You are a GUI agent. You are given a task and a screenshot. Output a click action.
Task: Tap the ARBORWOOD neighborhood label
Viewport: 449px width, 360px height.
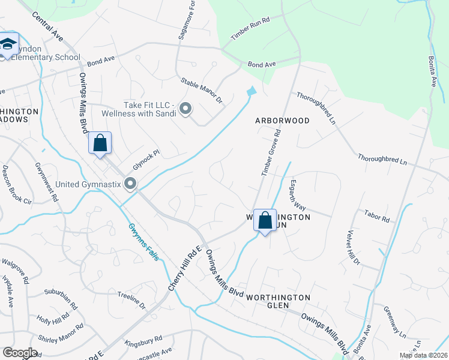(282, 121)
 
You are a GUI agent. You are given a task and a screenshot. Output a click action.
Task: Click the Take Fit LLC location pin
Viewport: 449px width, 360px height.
(185, 109)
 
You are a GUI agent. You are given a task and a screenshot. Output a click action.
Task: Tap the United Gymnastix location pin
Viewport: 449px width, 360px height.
(129, 184)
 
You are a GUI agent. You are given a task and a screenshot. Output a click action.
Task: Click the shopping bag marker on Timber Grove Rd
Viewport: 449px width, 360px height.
(265, 220)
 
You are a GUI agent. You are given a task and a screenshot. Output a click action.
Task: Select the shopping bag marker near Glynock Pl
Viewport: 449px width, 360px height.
(100, 143)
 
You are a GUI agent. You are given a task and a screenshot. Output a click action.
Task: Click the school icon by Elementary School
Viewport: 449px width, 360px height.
(8, 44)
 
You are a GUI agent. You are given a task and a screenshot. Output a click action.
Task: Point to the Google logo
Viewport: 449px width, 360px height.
(20, 353)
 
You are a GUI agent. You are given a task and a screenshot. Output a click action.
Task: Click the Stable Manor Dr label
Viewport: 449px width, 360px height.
(202, 91)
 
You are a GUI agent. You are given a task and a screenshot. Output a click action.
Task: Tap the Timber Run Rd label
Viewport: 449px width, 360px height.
(250, 35)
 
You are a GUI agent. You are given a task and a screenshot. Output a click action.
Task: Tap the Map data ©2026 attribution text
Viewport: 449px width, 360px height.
(423, 355)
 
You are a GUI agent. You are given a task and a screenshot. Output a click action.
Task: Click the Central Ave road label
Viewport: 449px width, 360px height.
(48, 28)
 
